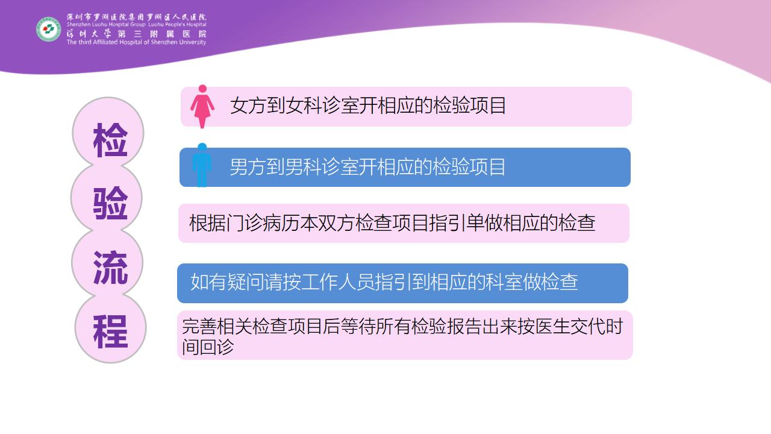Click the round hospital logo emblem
point(49,30)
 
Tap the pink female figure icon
point(202,107)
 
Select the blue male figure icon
point(202,165)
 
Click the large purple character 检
point(110,140)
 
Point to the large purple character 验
point(110,203)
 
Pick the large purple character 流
point(110,267)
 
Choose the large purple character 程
point(110,332)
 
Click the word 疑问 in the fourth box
point(245,281)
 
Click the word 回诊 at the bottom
point(217,347)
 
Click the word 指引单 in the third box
point(456,223)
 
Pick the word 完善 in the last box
point(199,326)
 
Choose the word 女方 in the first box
point(249,105)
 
